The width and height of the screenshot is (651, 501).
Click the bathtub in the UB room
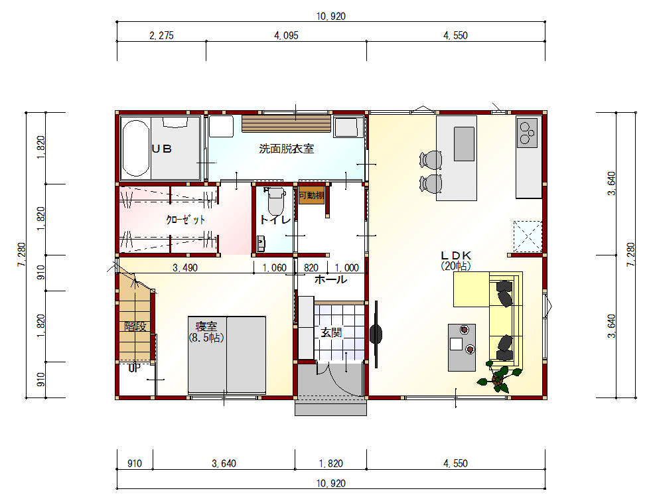point(136,148)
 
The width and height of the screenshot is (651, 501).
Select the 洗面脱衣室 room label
point(287,149)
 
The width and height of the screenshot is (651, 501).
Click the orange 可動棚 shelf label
point(311,195)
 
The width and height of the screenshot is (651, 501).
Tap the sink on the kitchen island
point(464,143)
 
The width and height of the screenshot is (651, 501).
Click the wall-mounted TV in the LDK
point(376,334)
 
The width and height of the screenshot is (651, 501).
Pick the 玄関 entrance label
point(331,332)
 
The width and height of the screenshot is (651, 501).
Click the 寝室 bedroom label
point(206,326)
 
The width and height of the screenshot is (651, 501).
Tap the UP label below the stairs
point(134,368)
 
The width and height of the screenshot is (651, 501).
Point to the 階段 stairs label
point(136,326)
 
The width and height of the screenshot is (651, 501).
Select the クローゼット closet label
point(186,219)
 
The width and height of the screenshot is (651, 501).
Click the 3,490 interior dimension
point(185,267)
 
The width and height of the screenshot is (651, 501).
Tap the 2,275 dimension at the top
point(161,35)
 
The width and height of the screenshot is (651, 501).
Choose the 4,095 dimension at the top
point(287,35)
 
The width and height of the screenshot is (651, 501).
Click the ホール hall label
point(331,279)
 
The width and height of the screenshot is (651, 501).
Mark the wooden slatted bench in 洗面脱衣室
point(287,123)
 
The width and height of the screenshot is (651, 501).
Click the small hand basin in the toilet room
point(261,244)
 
